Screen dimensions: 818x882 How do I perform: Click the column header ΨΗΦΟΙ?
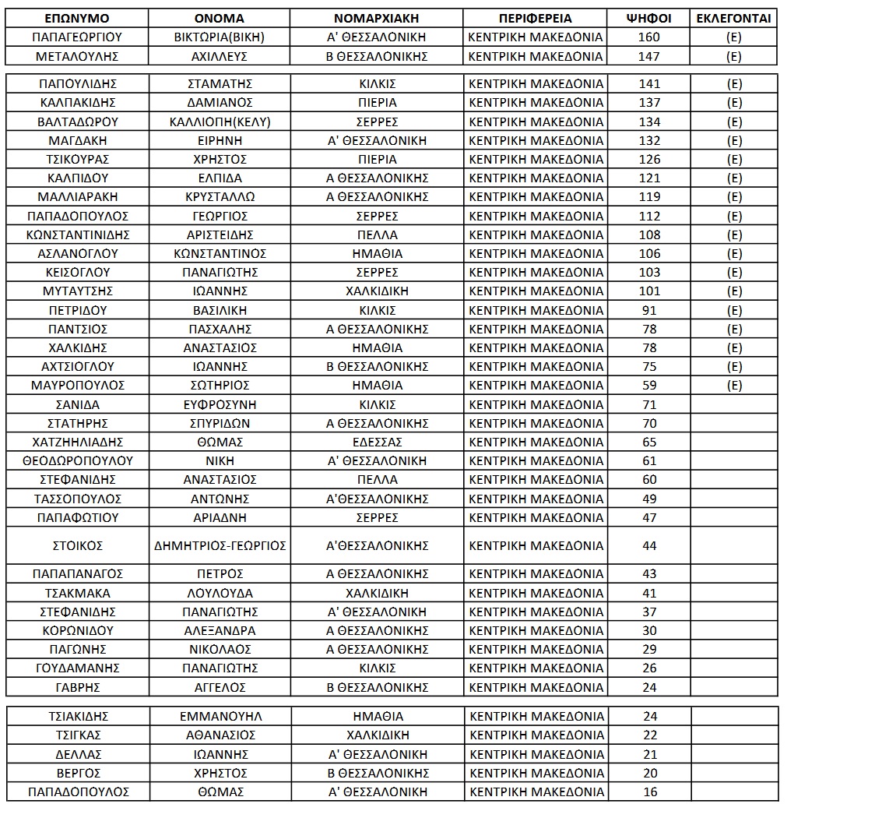[649, 18]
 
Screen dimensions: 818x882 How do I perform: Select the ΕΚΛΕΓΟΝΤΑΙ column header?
[733, 18]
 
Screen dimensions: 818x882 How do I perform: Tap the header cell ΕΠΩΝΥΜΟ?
[77, 18]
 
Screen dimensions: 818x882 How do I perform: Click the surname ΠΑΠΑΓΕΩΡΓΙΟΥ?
[77, 37]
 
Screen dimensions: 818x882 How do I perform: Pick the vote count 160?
[649, 37]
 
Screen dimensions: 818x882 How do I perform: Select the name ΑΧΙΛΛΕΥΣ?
[220, 56]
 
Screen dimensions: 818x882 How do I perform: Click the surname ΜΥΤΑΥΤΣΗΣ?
[77, 291]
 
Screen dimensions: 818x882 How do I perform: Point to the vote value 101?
[649, 291]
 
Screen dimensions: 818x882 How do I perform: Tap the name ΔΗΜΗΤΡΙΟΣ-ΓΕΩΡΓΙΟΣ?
[220, 546]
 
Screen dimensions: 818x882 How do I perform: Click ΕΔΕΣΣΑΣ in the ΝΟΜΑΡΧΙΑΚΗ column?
[377, 442]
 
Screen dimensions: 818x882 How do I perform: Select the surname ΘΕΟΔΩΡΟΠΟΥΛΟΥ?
[77, 460]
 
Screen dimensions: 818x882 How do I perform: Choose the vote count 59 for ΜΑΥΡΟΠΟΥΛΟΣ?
[649, 385]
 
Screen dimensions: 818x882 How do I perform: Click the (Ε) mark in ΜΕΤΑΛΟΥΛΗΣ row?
[733, 56]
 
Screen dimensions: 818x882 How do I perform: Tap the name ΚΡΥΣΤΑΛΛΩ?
[220, 197]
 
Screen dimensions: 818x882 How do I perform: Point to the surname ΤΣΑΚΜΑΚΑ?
[77, 593]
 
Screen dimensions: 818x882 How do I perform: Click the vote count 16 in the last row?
[650, 792]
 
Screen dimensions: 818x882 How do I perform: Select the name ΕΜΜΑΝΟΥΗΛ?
[220, 717]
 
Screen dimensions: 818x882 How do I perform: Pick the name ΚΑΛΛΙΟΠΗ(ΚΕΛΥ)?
[220, 122]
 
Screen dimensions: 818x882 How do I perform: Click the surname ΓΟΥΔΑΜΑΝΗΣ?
[77, 668]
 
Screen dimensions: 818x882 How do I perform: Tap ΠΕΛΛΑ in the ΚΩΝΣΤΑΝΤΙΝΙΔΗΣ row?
[377, 234]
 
